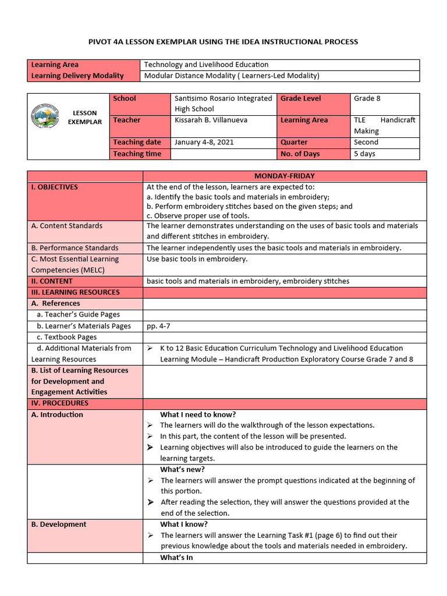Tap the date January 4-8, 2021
coord(200,142)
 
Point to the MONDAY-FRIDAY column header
coord(285,176)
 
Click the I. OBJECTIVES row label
coord(55,187)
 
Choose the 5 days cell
coord(364,154)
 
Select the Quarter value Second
coord(366,142)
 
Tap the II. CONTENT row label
coord(52,281)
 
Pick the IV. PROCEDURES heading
coord(60,403)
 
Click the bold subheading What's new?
coord(182,469)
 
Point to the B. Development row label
coord(59,524)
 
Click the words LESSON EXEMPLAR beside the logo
coord(84,118)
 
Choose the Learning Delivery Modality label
coord(77,76)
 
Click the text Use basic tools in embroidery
coord(197,259)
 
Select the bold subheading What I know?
coord(184,524)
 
